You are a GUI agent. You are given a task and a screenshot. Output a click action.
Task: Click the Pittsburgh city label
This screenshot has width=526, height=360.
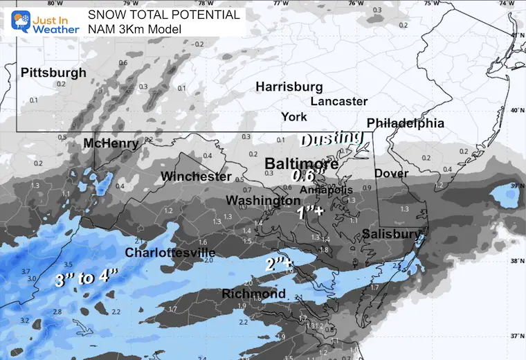pyautogui.click(x=53, y=73)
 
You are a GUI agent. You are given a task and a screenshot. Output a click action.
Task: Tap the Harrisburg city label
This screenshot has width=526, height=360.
pyautogui.click(x=289, y=87)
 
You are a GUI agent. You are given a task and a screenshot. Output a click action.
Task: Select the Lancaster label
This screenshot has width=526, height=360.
pyautogui.click(x=338, y=101)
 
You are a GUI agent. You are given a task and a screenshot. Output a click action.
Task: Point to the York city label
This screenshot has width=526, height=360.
pyautogui.click(x=294, y=116)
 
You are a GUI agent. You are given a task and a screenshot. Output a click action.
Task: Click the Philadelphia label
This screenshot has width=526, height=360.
pyautogui.click(x=405, y=123)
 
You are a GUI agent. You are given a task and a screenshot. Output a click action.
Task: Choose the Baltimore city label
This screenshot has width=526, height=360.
pyautogui.click(x=302, y=164)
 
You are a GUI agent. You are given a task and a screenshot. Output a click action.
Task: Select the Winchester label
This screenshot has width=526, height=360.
pyautogui.click(x=196, y=177)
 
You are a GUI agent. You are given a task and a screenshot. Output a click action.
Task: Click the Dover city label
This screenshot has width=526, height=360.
pyautogui.click(x=392, y=173)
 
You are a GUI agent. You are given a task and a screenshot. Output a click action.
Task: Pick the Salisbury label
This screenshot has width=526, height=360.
pyautogui.click(x=392, y=235)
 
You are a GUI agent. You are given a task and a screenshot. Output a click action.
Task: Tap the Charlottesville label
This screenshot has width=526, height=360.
pyautogui.click(x=170, y=253)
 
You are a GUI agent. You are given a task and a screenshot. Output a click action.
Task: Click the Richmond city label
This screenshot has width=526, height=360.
pyautogui.click(x=253, y=294)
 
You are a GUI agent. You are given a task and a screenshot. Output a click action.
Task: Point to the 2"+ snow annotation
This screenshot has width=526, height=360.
pyautogui.click(x=279, y=264)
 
